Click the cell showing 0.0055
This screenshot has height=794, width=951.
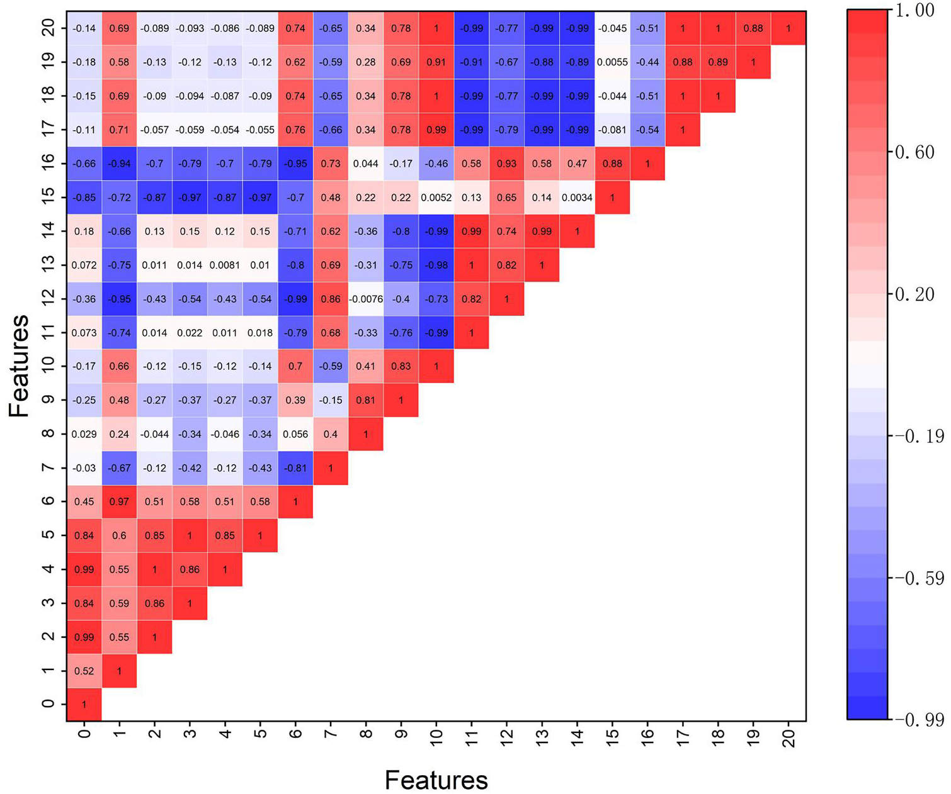click(x=612, y=62)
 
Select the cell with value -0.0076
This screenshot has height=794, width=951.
click(x=366, y=299)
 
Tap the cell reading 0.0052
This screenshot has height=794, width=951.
click(x=436, y=198)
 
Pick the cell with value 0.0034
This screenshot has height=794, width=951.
click(x=577, y=198)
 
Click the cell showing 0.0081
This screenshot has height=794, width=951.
click(x=225, y=265)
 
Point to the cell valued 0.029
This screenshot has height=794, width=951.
click(x=84, y=434)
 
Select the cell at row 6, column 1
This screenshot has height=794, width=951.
click(x=119, y=501)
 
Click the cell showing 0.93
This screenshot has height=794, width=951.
click(x=506, y=164)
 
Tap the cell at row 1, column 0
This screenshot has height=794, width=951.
click(x=84, y=671)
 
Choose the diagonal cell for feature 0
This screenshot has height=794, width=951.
click(x=84, y=705)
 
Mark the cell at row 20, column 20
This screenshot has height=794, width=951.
click(x=789, y=28)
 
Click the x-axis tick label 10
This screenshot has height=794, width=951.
click(x=436, y=737)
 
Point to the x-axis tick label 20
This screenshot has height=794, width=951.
click(x=789, y=738)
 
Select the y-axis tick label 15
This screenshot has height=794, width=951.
click(x=48, y=197)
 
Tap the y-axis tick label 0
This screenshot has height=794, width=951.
click(x=48, y=704)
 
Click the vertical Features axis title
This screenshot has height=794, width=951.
click(x=19, y=366)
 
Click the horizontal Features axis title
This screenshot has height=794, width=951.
click(x=436, y=780)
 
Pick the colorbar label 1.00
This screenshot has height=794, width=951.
click(x=914, y=10)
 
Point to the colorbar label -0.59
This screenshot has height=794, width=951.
click(x=919, y=578)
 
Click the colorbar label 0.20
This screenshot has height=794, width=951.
click(x=914, y=294)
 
